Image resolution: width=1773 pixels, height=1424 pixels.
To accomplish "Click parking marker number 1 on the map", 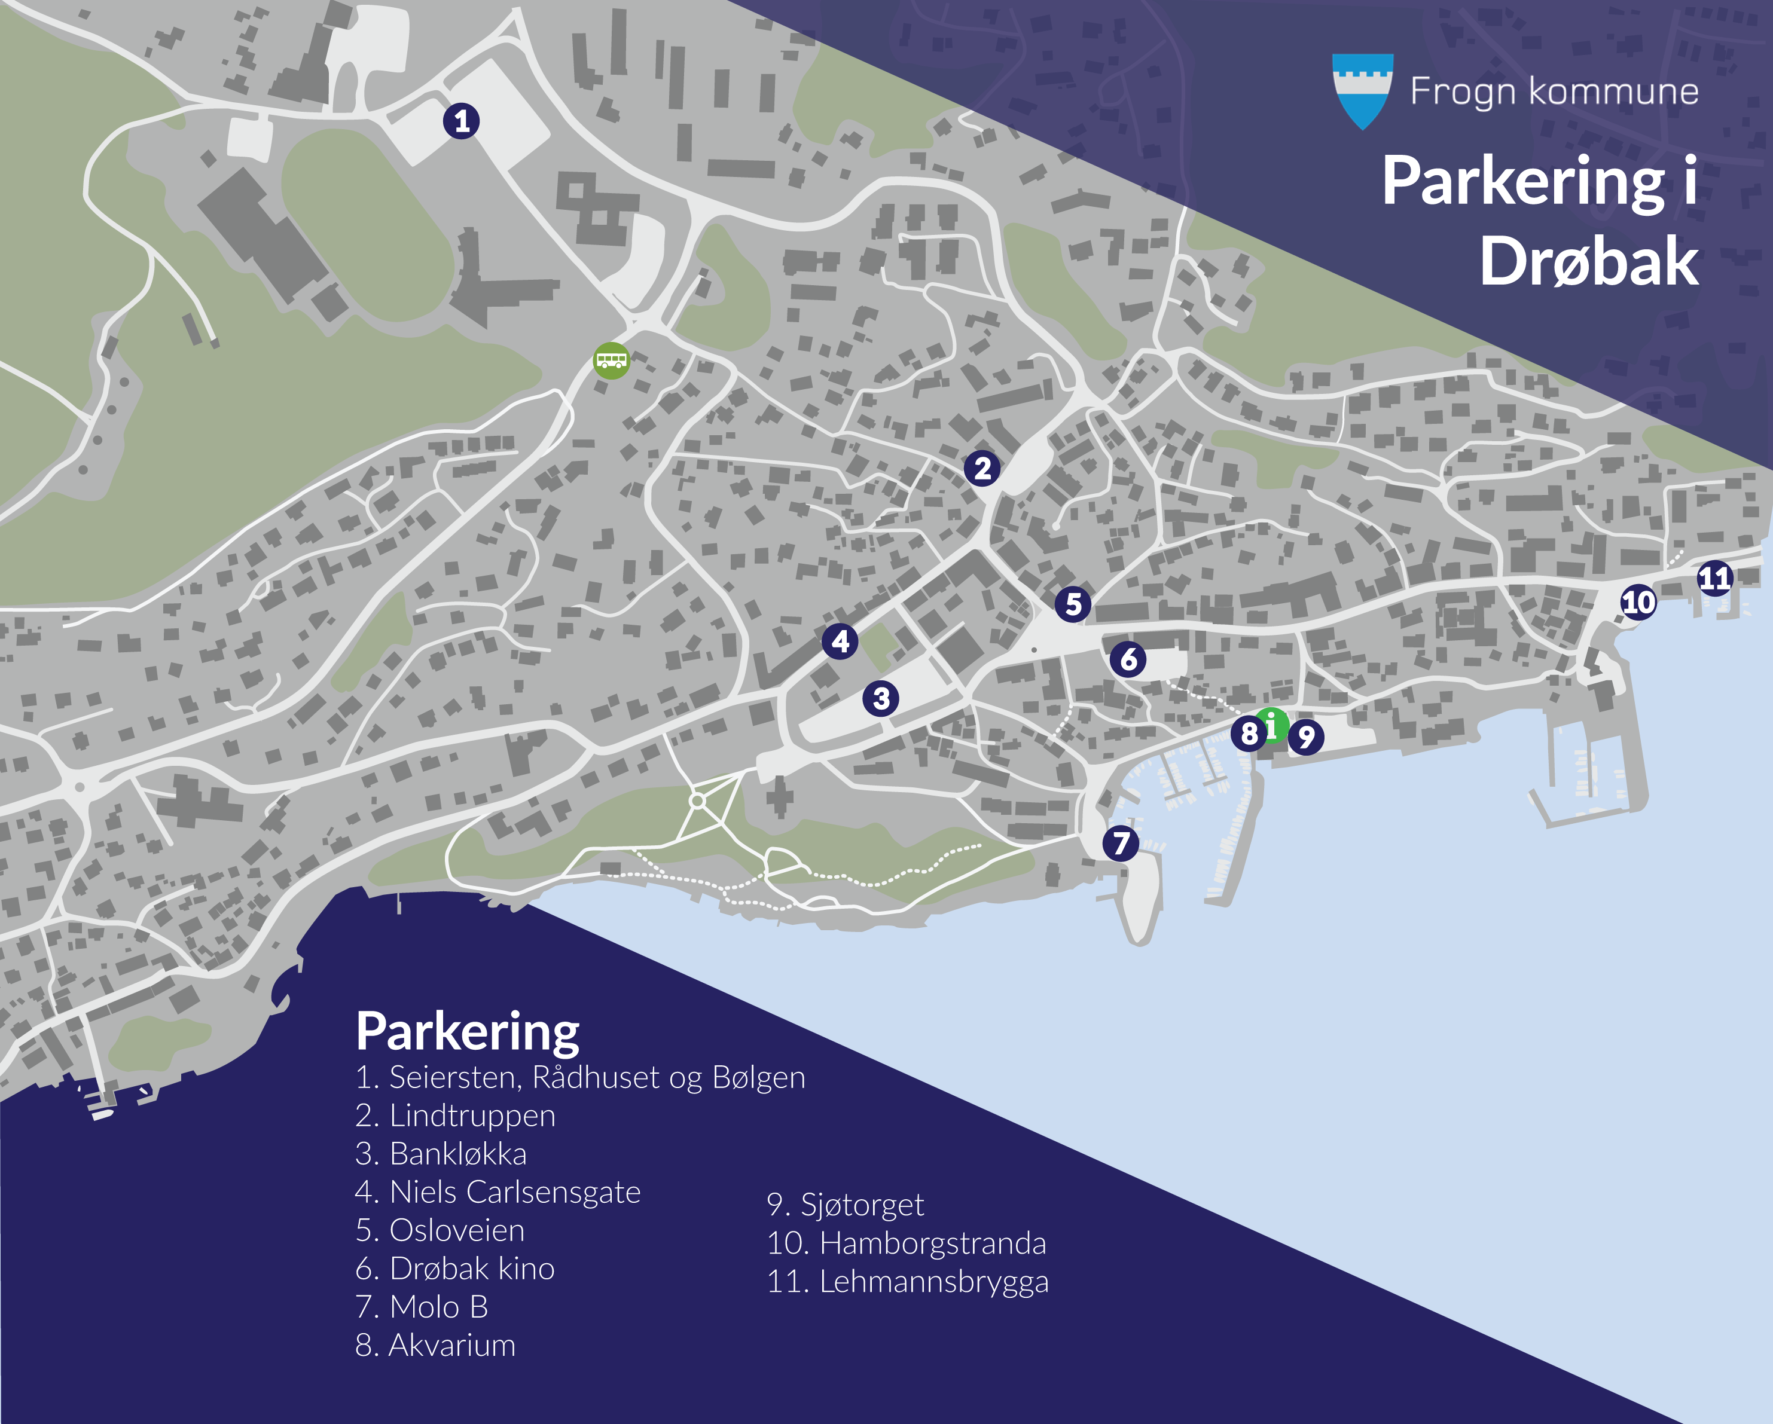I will tap(462, 121).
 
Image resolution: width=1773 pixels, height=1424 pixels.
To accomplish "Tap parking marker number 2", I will tap(982, 469).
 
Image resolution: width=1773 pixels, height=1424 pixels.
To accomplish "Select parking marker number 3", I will tap(881, 699).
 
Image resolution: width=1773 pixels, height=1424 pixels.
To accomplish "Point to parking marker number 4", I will tap(840, 641).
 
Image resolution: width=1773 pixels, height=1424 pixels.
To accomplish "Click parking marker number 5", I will tap(1073, 604).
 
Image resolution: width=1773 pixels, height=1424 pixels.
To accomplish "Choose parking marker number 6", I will tap(1128, 659).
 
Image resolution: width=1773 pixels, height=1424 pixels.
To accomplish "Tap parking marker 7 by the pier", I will tap(1121, 844).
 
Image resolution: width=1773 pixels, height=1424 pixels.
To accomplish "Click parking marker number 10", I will tap(1637, 603).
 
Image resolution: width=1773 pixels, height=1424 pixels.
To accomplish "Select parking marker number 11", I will tap(1714, 579).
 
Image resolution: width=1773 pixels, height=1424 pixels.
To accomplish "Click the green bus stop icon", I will tap(612, 360).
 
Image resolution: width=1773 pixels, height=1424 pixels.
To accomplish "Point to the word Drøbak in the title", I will tap(1588, 261).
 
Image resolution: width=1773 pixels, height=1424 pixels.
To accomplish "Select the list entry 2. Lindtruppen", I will tap(456, 1116).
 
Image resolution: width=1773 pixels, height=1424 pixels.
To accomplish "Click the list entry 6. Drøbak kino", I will tap(455, 1269).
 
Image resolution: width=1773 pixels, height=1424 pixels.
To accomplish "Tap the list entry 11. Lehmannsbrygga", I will tap(907, 1281).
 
